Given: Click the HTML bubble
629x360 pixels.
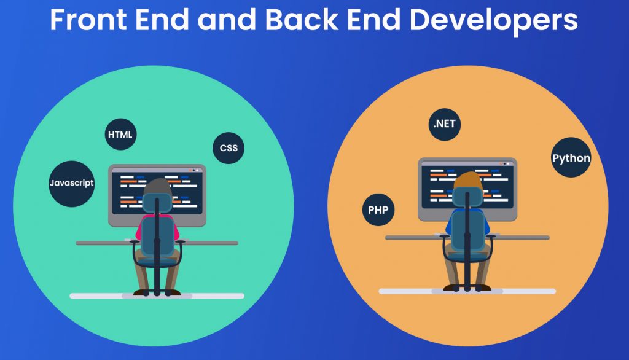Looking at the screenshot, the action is pos(121,135).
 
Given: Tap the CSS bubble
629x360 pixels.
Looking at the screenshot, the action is pos(229,148).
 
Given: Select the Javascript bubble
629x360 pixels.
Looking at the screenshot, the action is pos(72,184).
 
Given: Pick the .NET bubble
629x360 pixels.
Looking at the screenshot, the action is pos(445,125).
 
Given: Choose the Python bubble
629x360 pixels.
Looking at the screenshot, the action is pos(571,157).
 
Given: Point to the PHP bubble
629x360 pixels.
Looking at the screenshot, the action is pos(378,210).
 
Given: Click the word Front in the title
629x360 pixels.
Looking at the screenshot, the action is pos(88,20).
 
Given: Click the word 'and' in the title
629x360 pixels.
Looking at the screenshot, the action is pos(227,20).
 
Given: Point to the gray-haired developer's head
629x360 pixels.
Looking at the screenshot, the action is pos(158,188).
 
